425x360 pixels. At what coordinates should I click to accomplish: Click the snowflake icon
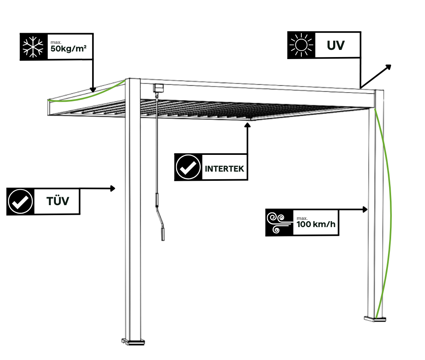(34, 47)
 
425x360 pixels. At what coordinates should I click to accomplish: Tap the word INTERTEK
(224, 168)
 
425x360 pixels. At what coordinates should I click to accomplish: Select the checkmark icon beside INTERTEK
(188, 168)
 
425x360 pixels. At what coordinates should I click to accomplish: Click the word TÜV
(57, 201)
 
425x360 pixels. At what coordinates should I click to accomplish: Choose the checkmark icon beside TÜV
(20, 201)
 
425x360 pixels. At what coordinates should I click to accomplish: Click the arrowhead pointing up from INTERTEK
(247, 125)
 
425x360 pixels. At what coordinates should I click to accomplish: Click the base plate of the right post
(375, 318)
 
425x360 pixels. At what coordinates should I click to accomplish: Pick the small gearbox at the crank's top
(159, 87)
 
